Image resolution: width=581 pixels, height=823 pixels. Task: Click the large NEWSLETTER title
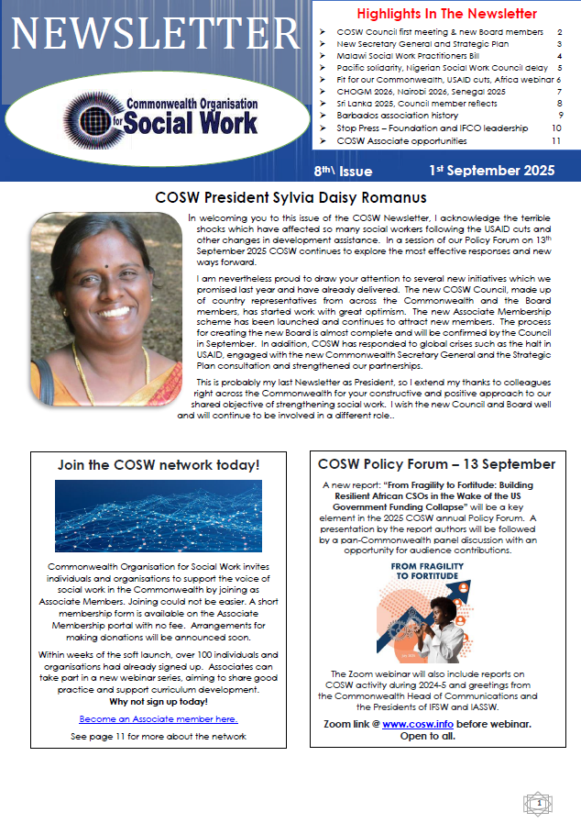156,34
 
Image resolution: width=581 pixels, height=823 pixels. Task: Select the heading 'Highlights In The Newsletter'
446,14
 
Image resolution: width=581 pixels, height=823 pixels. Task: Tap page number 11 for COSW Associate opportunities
555,141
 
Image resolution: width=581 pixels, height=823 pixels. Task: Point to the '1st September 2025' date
492,171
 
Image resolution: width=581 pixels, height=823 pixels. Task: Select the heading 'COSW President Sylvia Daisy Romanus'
290,197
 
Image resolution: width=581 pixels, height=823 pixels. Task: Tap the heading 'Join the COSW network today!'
158,465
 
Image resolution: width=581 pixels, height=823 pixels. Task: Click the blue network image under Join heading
158,515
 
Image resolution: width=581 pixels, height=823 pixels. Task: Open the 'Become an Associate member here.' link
158,718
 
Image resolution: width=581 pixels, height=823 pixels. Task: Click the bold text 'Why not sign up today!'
158,701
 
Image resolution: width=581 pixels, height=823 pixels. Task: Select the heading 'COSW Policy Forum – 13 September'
435,464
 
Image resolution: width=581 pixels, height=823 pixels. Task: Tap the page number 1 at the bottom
539,804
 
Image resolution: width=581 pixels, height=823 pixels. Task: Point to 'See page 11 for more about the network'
158,737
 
